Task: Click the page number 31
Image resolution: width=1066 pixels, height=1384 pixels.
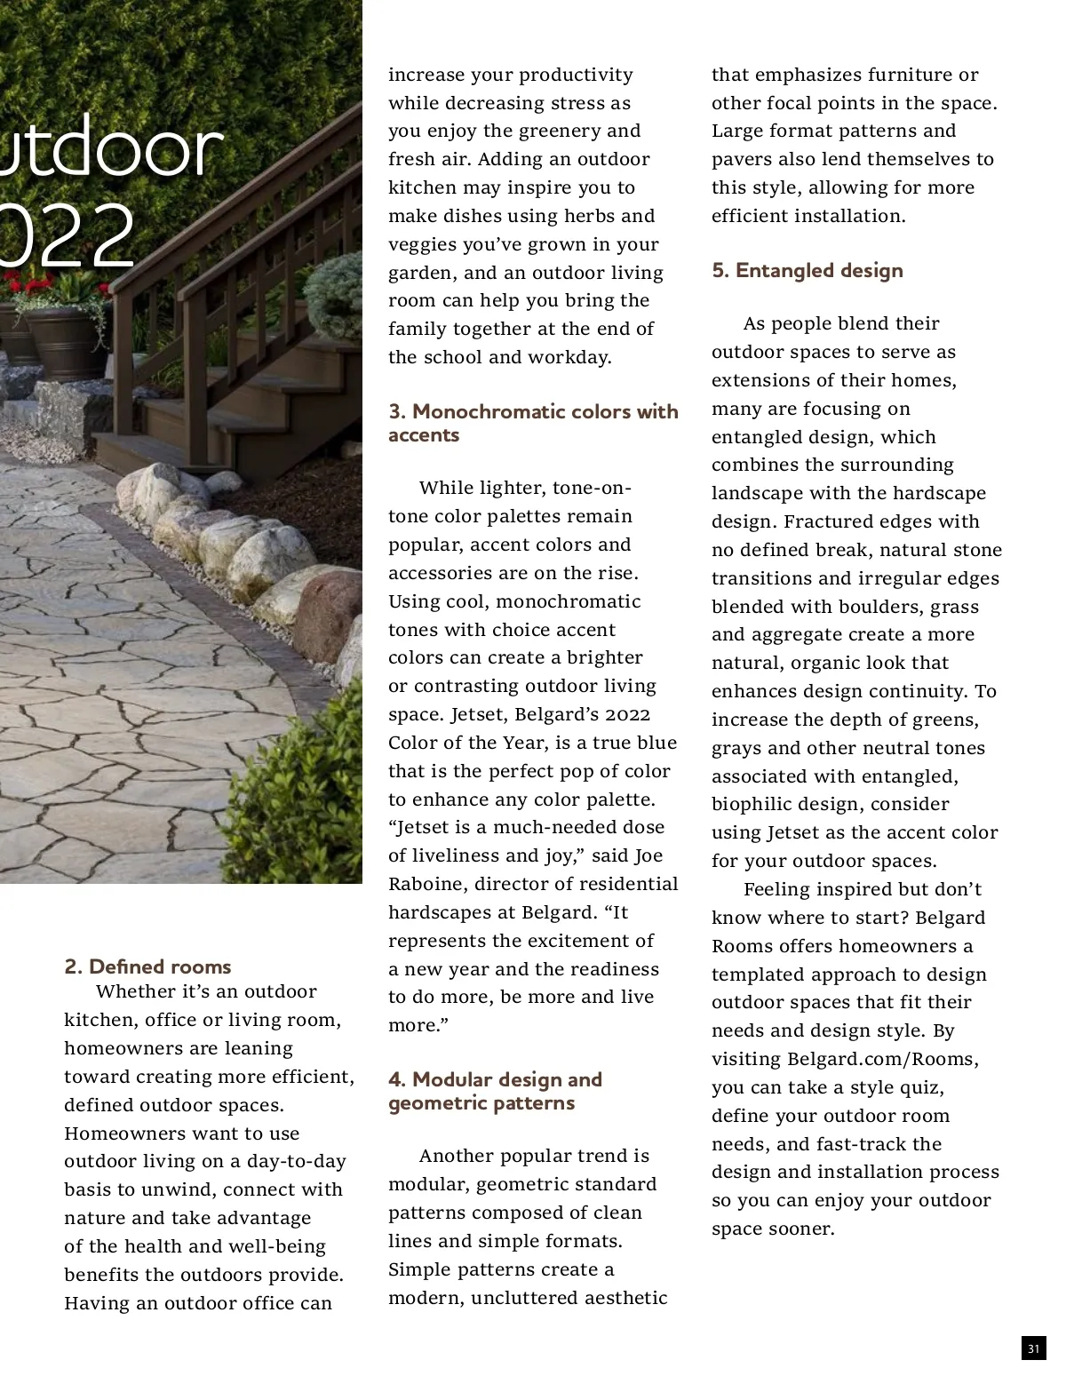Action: point(1033,1348)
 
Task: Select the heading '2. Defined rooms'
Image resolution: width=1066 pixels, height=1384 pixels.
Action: point(147,966)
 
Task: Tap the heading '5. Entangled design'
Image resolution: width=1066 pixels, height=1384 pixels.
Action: point(807,270)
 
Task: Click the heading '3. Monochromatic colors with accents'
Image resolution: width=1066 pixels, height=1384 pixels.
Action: point(532,423)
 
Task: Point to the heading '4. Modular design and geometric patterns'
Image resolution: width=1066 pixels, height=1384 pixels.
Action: point(495,1091)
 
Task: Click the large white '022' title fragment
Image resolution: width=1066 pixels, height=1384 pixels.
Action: point(67,235)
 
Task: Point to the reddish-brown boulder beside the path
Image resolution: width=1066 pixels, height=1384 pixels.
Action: point(327,613)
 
